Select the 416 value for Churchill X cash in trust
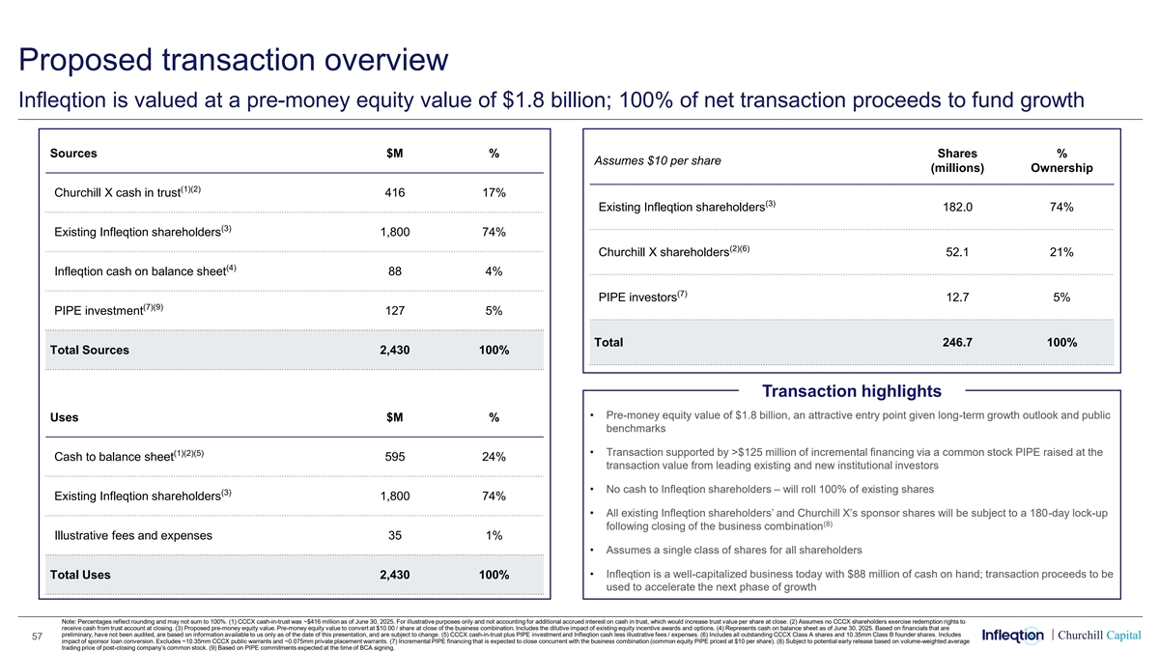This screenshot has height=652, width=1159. pyautogui.click(x=394, y=192)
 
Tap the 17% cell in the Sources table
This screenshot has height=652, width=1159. pyautogui.click(x=494, y=192)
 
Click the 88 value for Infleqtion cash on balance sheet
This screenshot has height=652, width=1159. pyautogui.click(x=394, y=271)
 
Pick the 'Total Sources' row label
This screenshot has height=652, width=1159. pyautogui.click(x=89, y=350)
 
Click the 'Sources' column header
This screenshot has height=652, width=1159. pyautogui.click(x=73, y=153)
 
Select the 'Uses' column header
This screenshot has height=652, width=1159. pyautogui.click(x=64, y=417)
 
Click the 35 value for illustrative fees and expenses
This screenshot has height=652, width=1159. pyautogui.click(x=394, y=535)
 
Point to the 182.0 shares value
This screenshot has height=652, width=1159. pyautogui.click(x=956, y=207)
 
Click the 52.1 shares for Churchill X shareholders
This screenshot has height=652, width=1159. pyautogui.click(x=956, y=252)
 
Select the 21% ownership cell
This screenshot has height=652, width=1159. pyautogui.click(x=1061, y=252)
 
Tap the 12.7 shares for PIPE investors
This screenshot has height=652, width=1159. pyautogui.click(x=956, y=298)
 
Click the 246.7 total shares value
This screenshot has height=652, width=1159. pyautogui.click(x=956, y=343)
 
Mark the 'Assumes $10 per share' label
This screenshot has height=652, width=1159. pyautogui.click(x=659, y=160)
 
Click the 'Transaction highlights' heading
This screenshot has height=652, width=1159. pyautogui.click(x=852, y=390)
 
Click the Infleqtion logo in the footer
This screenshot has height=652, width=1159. pyautogui.click(x=1012, y=635)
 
